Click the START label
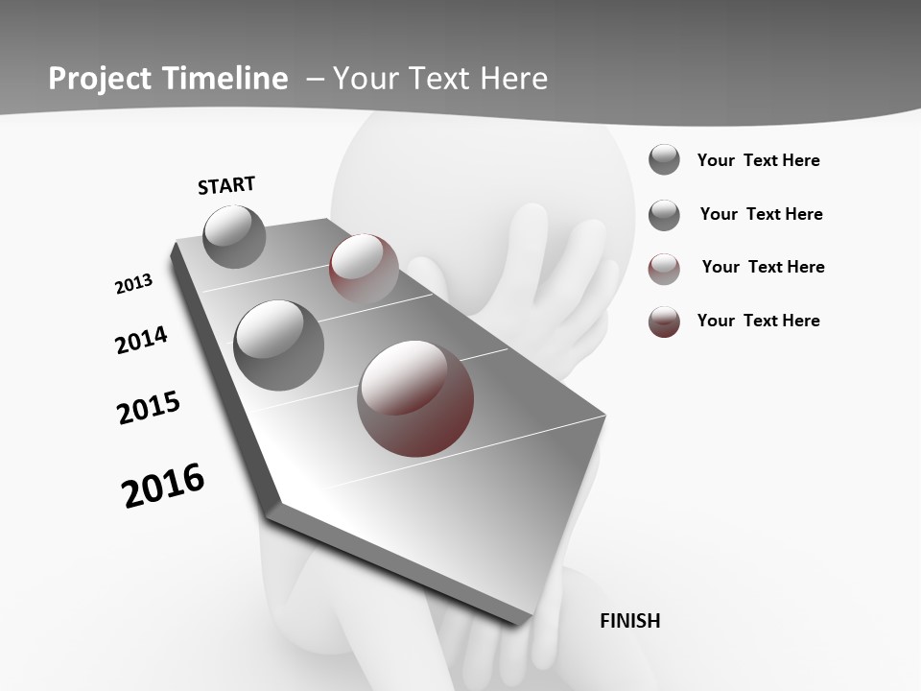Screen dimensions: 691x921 pyautogui.click(x=226, y=185)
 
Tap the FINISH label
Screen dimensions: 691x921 pyautogui.click(x=629, y=621)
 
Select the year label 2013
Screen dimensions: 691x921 pyautogui.click(x=133, y=284)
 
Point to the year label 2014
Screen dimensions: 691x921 pyautogui.click(x=141, y=341)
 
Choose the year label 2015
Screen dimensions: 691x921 pyautogui.click(x=149, y=408)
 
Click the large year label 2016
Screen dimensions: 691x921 pyautogui.click(x=163, y=486)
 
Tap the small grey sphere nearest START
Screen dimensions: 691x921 pyautogui.click(x=234, y=236)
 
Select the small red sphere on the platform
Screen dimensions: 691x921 pyautogui.click(x=364, y=269)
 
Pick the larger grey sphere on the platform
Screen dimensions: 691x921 pyautogui.click(x=279, y=345)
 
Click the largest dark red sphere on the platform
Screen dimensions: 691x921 pyautogui.click(x=415, y=398)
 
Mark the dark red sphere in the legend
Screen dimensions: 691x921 pyautogui.click(x=664, y=322)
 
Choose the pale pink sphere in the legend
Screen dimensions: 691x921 pyautogui.click(x=664, y=269)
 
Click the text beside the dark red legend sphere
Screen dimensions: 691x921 pyautogui.click(x=758, y=321)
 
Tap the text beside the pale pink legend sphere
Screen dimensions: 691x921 pyautogui.click(x=763, y=267)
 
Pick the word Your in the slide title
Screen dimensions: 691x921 pyautogui.click(x=366, y=78)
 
